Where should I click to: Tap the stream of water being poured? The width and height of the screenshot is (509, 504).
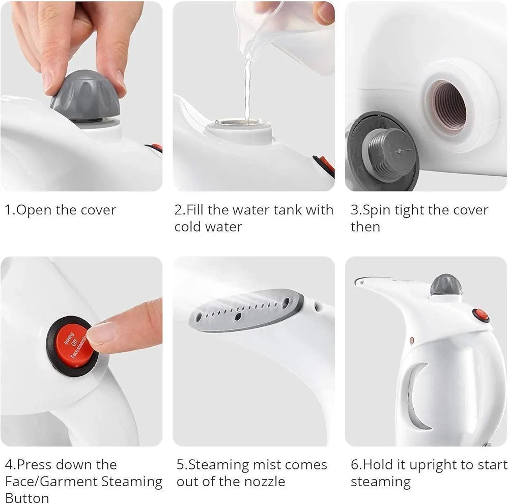pos(247,92)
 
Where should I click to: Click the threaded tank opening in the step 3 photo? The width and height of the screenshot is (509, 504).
pos(446,107)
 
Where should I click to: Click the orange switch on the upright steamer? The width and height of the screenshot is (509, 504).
pos(481,315)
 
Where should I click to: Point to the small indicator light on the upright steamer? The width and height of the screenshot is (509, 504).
pos(411,339)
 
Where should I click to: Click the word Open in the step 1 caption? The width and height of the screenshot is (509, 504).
pos(35,210)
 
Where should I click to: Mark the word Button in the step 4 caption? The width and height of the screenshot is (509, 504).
pos(27,497)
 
